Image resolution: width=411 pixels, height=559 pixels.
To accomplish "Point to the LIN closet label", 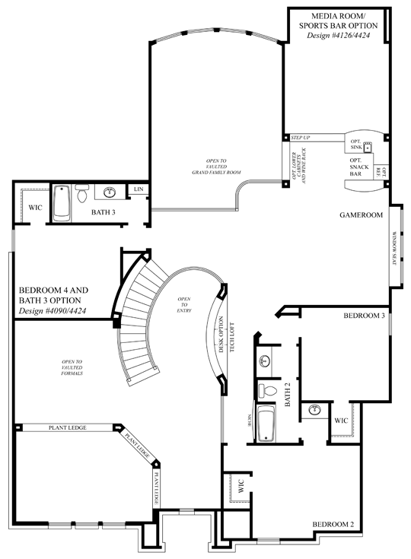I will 139,189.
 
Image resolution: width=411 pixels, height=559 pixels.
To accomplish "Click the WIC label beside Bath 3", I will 35,206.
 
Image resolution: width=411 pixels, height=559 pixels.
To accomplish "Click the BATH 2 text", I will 288,395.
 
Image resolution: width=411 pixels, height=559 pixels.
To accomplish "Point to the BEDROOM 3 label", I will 364,316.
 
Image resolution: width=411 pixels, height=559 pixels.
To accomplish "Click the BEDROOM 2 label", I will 334,526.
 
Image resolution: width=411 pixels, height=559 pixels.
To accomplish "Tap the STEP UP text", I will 301,138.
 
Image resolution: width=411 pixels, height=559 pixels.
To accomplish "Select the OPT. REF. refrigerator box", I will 383,172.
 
